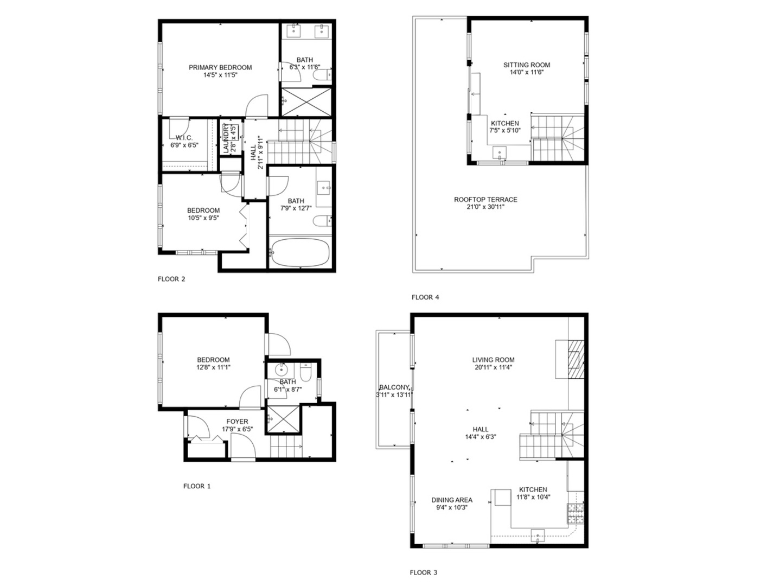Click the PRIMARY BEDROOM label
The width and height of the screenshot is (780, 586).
point(220,67)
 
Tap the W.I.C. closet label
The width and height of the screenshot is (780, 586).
point(184,138)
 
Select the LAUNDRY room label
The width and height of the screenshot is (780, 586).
point(225,139)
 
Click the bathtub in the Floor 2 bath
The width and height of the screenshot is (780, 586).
point(300,253)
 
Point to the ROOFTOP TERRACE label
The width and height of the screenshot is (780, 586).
point(485,200)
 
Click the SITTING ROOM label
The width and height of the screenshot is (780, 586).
point(526,65)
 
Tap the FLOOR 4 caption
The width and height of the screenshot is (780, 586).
point(425,297)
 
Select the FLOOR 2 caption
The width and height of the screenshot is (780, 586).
point(171,279)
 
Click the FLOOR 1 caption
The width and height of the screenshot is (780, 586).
point(197,486)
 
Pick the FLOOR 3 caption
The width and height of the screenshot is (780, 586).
point(423,572)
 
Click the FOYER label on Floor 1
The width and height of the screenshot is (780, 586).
point(237,422)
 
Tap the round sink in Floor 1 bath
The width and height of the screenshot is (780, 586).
point(282,371)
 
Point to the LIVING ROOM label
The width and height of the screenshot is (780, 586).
point(493,360)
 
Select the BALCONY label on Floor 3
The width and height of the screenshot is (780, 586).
point(394,387)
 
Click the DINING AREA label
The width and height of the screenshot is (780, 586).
point(452,500)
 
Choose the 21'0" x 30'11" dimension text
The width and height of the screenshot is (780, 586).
point(485,207)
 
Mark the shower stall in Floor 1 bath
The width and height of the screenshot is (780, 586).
point(283,419)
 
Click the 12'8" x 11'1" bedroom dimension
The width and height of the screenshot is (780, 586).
point(213,367)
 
